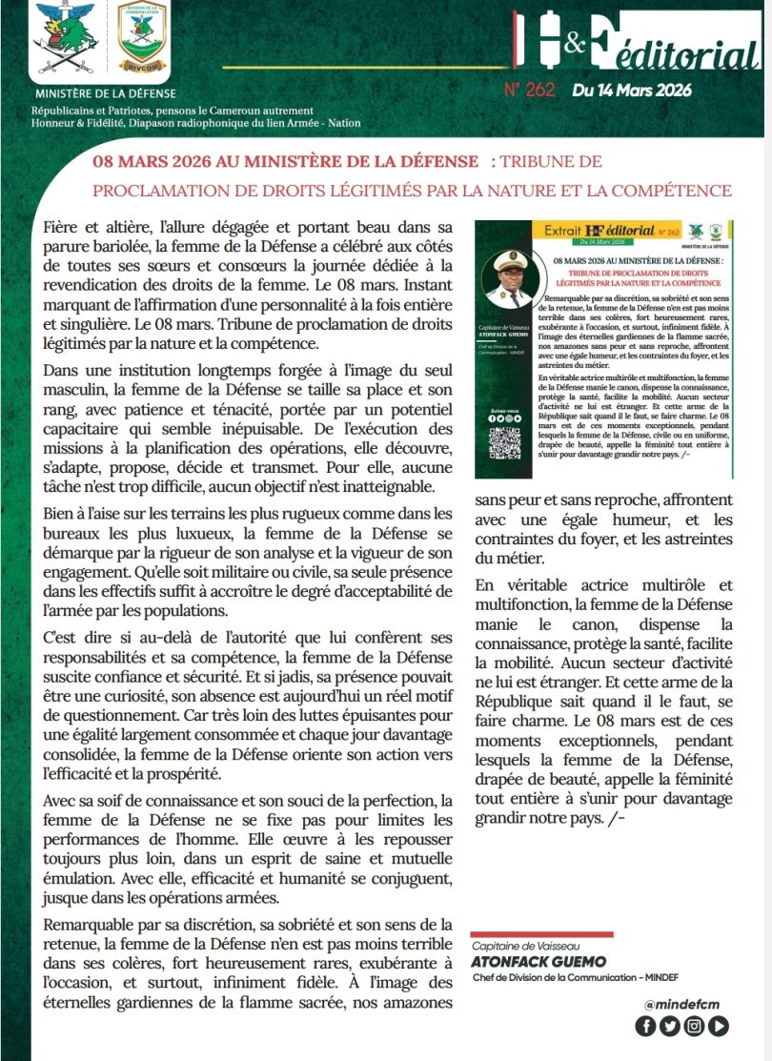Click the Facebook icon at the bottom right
(645, 1026)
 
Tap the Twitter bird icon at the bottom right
(669, 1026)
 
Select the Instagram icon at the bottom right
(694, 1026)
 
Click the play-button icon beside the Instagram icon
(719, 1026)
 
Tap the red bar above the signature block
(542, 934)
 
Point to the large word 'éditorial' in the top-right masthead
(683, 58)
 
